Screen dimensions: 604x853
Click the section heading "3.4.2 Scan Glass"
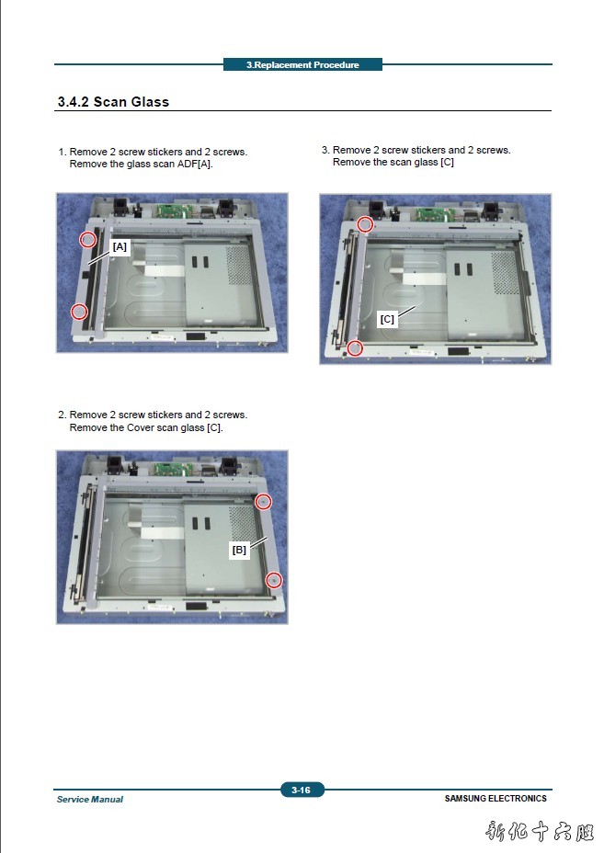113,102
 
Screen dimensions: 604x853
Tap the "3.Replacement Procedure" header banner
302,64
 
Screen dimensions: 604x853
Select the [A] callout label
120,246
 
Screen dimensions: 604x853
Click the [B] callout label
239,550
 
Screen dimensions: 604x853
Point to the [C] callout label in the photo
387,319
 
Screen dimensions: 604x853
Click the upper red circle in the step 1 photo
87,239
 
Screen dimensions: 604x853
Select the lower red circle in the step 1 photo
79,312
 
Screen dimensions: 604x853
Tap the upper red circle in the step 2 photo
263,502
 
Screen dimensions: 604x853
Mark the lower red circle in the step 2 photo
274,580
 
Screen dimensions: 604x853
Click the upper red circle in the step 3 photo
365,224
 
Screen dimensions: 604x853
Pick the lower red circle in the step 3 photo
355,347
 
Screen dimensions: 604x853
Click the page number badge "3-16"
302,790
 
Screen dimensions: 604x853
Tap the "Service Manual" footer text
90,799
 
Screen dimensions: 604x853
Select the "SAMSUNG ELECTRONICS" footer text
496,799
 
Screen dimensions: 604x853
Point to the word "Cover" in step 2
141,427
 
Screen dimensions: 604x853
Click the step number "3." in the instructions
325,150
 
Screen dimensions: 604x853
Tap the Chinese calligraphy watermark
540,831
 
